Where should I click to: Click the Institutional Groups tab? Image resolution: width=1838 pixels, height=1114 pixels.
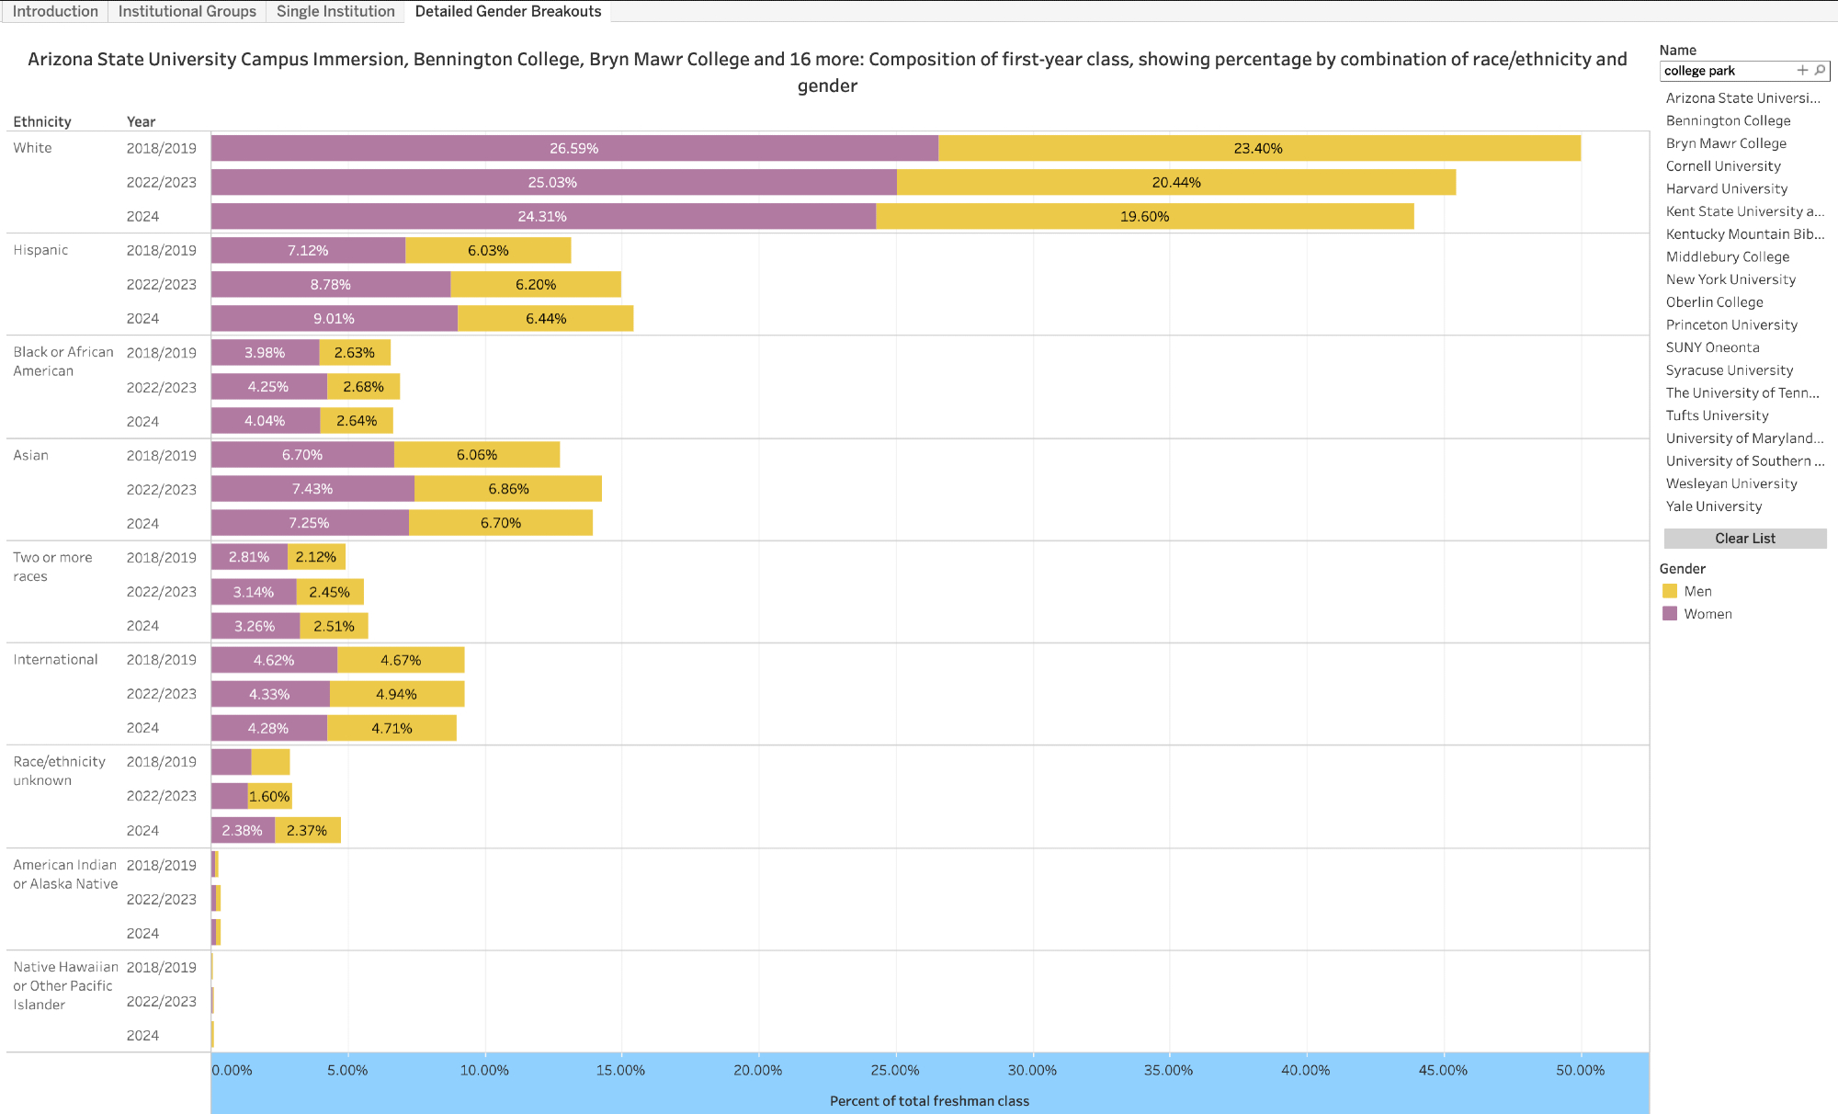tap(187, 11)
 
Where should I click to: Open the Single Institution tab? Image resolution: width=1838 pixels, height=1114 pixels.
tap(335, 11)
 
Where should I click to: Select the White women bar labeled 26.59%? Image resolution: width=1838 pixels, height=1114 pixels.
tap(574, 148)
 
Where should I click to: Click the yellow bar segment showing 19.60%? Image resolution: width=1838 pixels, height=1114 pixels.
tap(1144, 217)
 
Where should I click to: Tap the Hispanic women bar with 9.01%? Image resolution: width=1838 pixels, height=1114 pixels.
tap(335, 319)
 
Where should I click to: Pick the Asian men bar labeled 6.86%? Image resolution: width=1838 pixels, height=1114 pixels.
tap(508, 489)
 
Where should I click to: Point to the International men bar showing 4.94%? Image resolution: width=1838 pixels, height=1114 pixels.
tap(397, 694)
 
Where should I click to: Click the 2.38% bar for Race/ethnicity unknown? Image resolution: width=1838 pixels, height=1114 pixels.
tap(243, 831)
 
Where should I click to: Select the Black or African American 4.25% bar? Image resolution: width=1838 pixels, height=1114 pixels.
tap(268, 387)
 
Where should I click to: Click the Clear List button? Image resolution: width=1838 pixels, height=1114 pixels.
tap(1744, 539)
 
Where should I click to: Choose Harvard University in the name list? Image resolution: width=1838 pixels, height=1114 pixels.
tap(1727, 188)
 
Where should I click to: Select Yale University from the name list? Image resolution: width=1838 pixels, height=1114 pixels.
tap(1714, 506)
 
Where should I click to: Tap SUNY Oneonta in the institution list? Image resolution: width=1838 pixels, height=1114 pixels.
tap(1712, 347)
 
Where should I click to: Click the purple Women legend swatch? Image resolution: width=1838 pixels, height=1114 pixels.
tap(1670, 614)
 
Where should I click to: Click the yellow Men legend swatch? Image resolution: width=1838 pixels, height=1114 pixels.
tap(1670, 591)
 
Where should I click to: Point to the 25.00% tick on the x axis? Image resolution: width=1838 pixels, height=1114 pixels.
tap(894, 1070)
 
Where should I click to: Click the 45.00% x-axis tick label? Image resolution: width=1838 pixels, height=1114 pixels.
tap(1443, 1070)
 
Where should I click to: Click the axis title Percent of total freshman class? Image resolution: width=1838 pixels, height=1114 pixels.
tap(929, 1101)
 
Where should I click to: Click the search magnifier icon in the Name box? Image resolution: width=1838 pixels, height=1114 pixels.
tap(1820, 70)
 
